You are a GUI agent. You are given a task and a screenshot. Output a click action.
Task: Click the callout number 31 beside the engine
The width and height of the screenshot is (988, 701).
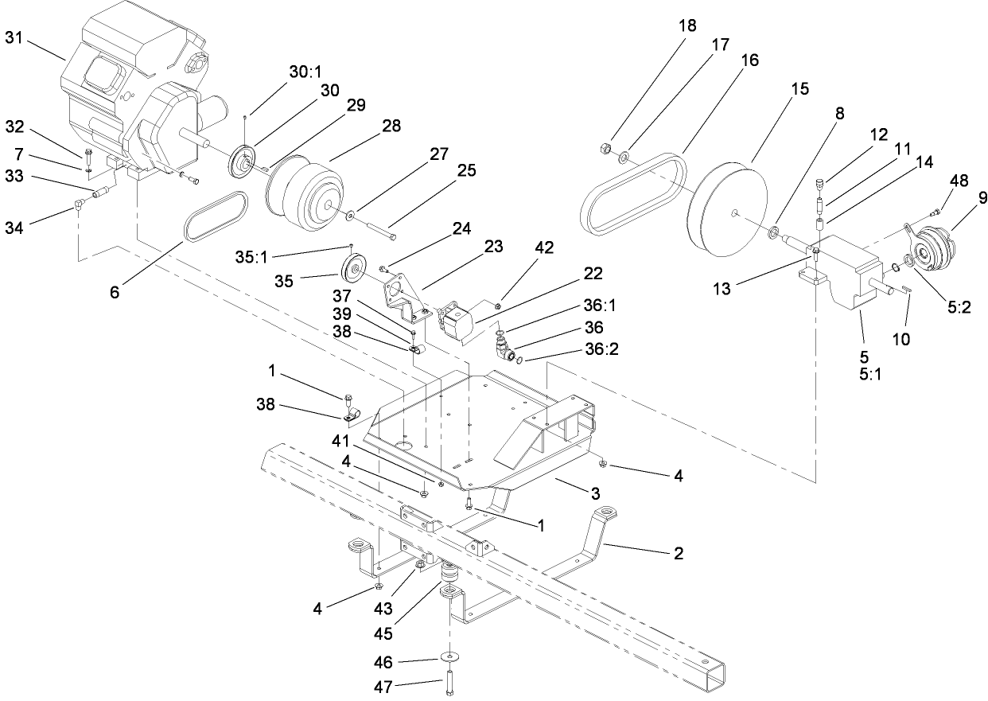(14, 37)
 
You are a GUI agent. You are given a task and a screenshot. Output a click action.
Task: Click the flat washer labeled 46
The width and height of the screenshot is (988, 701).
(452, 656)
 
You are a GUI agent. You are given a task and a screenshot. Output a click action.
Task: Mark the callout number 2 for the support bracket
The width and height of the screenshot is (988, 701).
(678, 552)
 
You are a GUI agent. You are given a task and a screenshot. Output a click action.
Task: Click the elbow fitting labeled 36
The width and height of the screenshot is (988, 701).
(500, 348)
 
